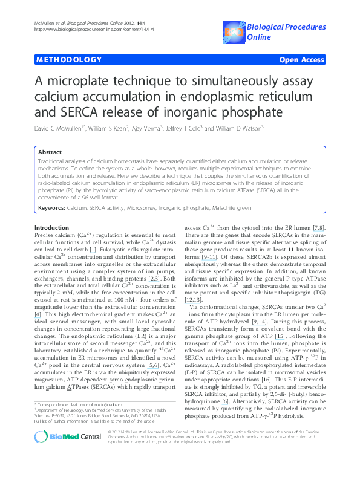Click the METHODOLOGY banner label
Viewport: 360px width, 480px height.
[x=68, y=60]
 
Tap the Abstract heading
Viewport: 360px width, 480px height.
[x=49, y=153]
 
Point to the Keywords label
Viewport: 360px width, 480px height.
[x=51, y=207]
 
